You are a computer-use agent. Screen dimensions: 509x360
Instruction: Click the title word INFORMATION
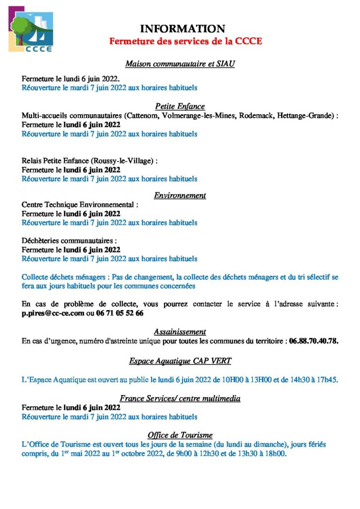(182, 29)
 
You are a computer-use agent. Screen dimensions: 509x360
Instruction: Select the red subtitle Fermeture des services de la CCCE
(185, 41)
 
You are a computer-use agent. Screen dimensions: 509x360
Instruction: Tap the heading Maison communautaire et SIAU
(180, 64)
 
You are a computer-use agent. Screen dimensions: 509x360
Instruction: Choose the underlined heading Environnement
(180, 195)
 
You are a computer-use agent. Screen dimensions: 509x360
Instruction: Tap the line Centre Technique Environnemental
(80, 204)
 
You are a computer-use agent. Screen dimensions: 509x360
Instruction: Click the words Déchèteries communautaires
(69, 241)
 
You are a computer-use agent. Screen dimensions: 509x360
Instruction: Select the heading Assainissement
(180, 332)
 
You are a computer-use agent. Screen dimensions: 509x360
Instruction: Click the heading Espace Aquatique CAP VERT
(180, 361)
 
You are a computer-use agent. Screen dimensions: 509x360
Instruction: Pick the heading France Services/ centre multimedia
(180, 398)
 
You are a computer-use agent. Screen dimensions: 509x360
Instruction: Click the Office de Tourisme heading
(180, 435)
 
